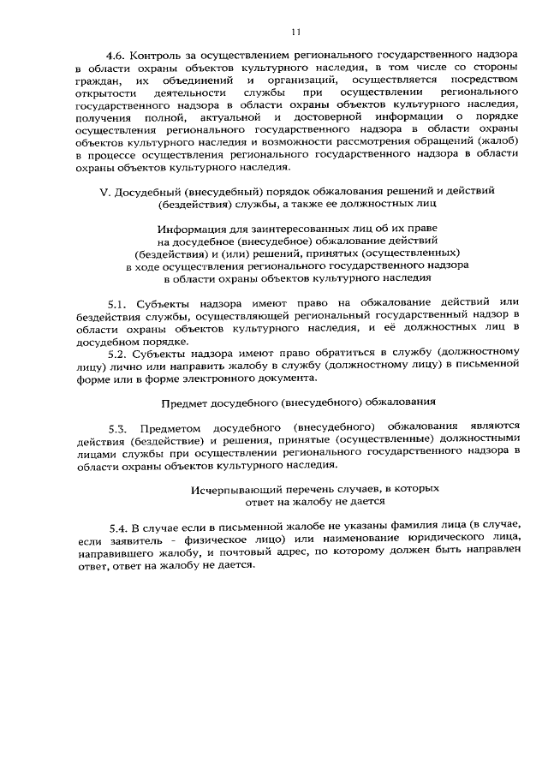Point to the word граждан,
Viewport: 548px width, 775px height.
tap(98, 80)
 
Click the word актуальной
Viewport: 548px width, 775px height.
tap(231, 116)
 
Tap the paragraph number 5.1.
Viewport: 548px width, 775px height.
tap(117, 305)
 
